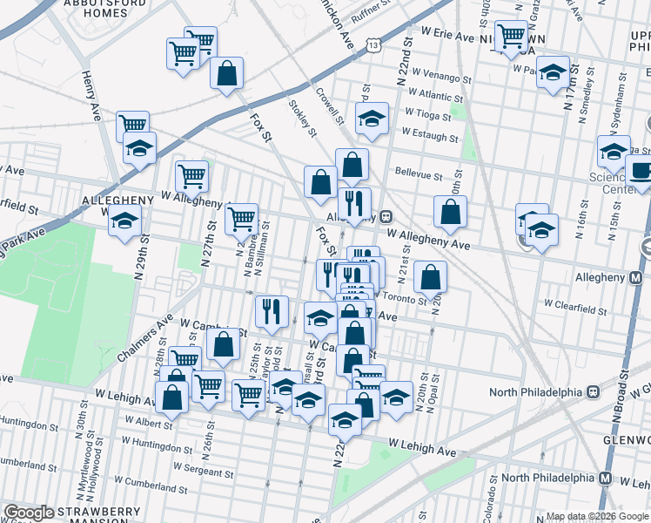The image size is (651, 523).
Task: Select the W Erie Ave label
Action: point(448,37)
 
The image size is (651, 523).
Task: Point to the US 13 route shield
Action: point(372,44)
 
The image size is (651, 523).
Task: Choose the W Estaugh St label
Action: point(429,137)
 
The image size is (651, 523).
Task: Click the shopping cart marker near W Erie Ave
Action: point(510,37)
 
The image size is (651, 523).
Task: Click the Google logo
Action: point(30,513)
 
